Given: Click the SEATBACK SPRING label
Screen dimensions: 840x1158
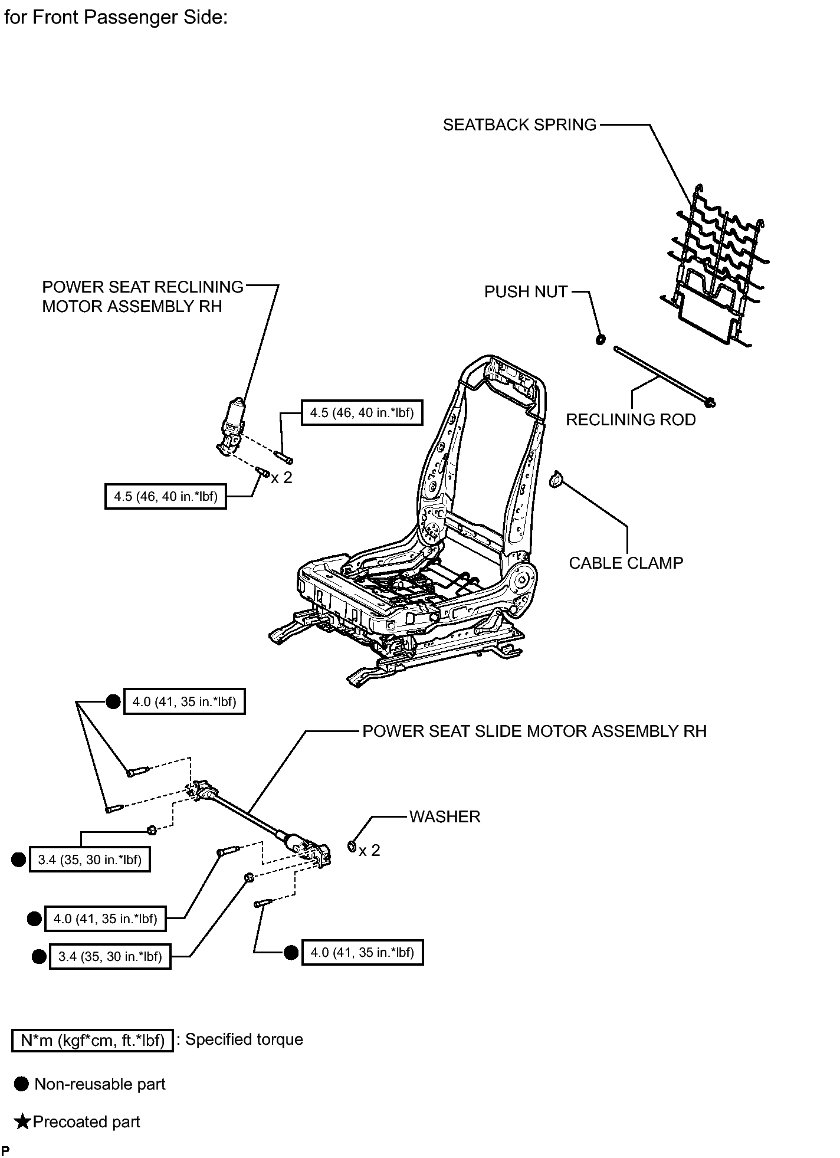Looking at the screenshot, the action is point(520,125).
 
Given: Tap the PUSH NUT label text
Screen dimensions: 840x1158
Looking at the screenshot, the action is point(526,292).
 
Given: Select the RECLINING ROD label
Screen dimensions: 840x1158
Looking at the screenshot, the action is point(631,420).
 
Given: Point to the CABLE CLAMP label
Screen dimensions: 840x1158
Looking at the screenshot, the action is point(626,563).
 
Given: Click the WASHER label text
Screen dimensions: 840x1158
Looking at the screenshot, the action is point(445,817).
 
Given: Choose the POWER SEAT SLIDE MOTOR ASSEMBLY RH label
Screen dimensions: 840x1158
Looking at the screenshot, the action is point(534,731).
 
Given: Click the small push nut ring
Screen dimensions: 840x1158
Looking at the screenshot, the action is point(601,339).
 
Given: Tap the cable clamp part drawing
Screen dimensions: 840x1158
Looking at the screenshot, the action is point(556,480).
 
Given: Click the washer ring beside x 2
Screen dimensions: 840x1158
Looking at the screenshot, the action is point(352,847).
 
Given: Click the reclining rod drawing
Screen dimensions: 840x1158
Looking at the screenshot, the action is point(665,376).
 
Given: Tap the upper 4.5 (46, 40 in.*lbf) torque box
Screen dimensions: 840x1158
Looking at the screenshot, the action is point(362,413).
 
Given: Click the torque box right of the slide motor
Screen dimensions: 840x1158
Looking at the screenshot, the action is point(362,952).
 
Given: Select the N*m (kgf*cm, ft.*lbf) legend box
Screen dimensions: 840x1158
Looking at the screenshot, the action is point(93,1040).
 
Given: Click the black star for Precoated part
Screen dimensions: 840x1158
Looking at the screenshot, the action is point(22,1121).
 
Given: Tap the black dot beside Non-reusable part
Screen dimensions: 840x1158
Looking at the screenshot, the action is point(21,1084).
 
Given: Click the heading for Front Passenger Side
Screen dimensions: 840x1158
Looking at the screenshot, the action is point(116,18).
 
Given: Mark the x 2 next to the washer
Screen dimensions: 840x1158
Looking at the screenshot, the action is point(370,851).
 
